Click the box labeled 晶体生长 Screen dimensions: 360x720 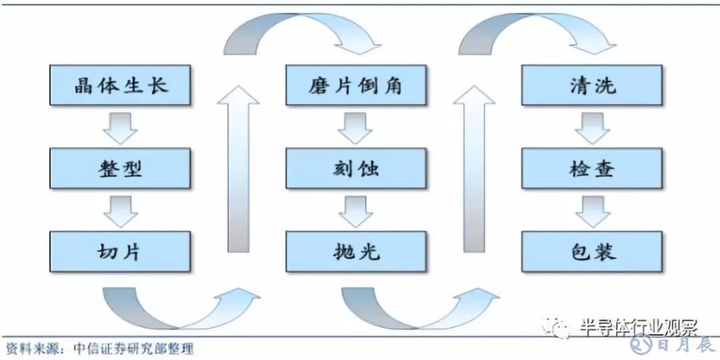[x=121, y=85]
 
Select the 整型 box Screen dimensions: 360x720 [x=121, y=168]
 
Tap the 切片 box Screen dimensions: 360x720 [x=121, y=251]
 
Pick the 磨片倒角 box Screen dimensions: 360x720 [x=356, y=85]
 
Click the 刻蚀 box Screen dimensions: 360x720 [x=356, y=168]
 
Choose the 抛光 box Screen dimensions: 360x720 [x=356, y=251]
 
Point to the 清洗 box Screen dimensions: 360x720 [x=592, y=85]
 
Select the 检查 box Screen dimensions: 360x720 [x=592, y=168]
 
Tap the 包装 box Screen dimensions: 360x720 [x=592, y=251]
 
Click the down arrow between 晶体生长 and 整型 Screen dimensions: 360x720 [x=121, y=127]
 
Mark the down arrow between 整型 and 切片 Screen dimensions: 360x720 [x=121, y=211]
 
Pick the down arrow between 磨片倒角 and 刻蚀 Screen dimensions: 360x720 [x=355, y=127]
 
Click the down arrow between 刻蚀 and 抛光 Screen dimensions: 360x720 [x=355, y=211]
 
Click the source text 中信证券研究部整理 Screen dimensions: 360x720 [x=133, y=348]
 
